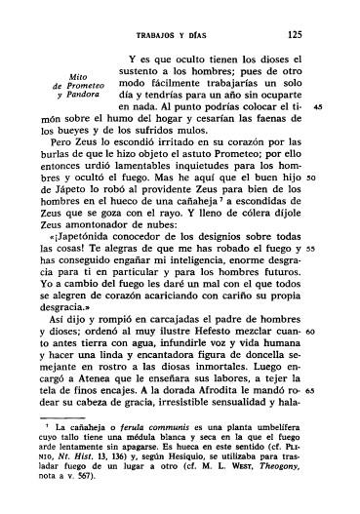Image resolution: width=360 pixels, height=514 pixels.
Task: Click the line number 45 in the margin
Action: pos(332,105)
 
